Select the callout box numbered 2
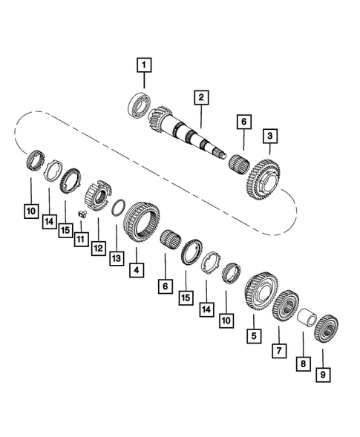click(200, 96)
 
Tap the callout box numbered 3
click(269, 136)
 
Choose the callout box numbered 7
click(281, 349)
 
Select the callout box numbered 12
click(98, 247)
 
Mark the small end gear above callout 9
click(327, 329)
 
